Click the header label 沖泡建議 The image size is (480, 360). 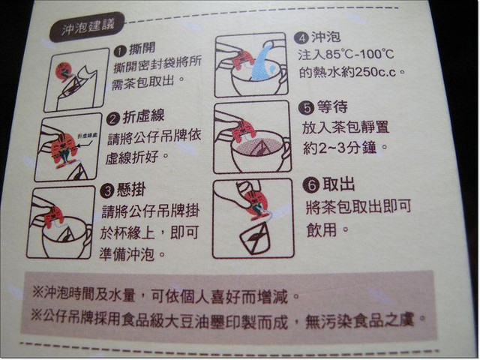[x=88, y=28]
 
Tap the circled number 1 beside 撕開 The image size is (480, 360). [x=120, y=51]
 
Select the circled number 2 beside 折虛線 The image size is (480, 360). [x=112, y=118]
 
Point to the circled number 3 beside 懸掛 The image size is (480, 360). [x=107, y=192]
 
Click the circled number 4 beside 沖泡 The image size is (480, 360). [x=301, y=38]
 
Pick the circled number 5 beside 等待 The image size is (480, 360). [x=307, y=107]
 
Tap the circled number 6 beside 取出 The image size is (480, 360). [x=311, y=185]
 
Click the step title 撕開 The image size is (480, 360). [x=142, y=49]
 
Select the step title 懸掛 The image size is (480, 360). [x=130, y=190]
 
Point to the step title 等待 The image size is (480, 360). [x=331, y=106]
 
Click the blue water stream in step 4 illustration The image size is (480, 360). [x=262, y=63]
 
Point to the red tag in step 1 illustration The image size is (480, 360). [x=64, y=72]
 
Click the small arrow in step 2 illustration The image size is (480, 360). [x=81, y=145]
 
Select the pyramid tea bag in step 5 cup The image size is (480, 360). [x=258, y=148]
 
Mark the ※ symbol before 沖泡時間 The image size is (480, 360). [x=37, y=292]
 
